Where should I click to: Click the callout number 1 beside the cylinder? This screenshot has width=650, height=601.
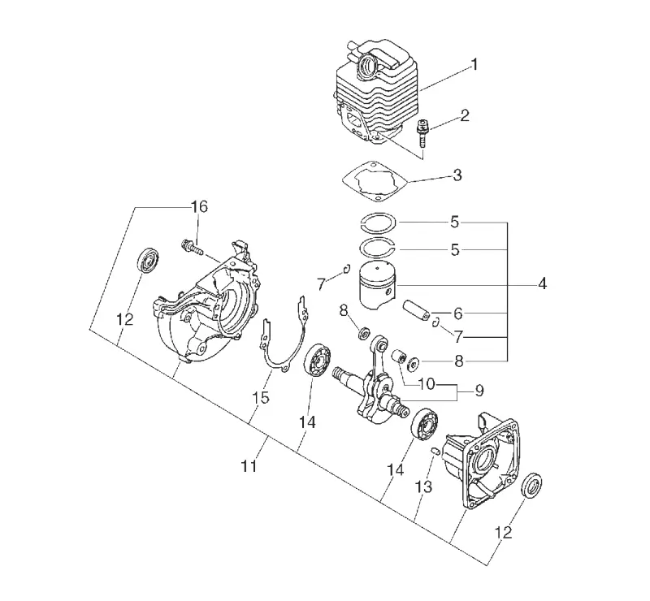[x=474, y=65]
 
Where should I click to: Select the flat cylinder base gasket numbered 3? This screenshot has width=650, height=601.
[x=375, y=182]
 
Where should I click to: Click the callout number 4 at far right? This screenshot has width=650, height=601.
[x=542, y=284]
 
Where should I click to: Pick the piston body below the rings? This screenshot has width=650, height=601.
[x=377, y=286]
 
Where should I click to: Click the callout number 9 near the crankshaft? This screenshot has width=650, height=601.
[x=479, y=391]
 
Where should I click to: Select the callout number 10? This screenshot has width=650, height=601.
[x=426, y=384]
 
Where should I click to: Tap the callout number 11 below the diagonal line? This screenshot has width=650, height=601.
[x=249, y=466]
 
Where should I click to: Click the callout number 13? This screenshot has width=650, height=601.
[x=424, y=486]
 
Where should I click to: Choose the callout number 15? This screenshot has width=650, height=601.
[x=261, y=397]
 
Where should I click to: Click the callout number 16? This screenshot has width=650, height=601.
[x=199, y=206]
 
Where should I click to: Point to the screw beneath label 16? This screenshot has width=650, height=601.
[x=191, y=247]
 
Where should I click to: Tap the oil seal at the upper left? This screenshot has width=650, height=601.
[x=148, y=260]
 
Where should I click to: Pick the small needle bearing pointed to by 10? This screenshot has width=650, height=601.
[x=399, y=356]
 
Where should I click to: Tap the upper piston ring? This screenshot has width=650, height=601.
[x=377, y=222]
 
